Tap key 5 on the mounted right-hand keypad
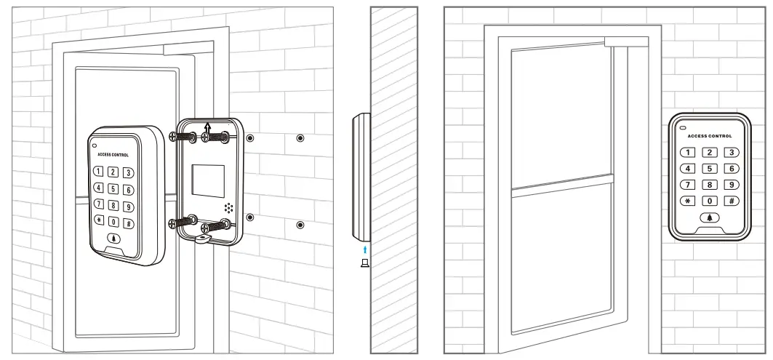tap(710, 169)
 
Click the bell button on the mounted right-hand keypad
tap(710, 217)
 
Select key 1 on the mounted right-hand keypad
tap(688, 153)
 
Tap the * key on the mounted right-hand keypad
tap(688, 201)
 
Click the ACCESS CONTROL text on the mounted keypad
tap(710, 136)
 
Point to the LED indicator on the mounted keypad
tap(683, 128)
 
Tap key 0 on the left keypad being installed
tap(114, 221)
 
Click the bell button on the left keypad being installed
tap(115, 239)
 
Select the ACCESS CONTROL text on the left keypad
tap(113, 155)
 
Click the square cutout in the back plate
tap(208, 181)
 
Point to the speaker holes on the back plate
tap(228, 208)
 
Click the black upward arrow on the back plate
tap(207, 128)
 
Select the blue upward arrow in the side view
tap(365, 249)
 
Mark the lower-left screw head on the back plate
tap(172, 223)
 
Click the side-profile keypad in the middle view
tap(361, 177)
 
